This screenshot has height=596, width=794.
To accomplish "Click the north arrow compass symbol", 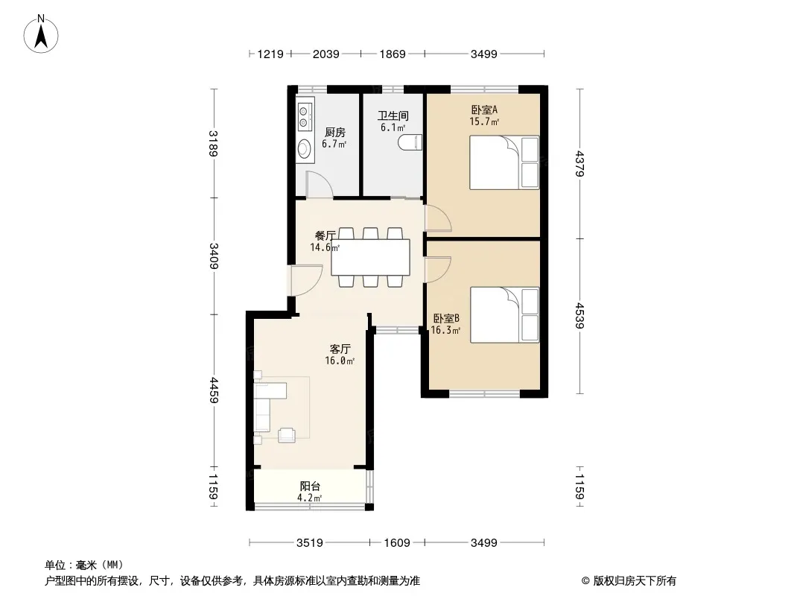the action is click(x=41, y=34).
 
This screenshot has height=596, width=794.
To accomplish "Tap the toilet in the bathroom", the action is click(x=410, y=142).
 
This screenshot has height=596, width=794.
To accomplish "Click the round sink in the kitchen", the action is click(x=305, y=148).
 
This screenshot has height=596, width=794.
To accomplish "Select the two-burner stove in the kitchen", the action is click(x=305, y=115).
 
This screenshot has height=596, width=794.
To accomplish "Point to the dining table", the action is click(x=371, y=257).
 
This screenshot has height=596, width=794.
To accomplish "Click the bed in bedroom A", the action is click(x=504, y=162).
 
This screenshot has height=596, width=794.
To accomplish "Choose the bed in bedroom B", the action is click(x=504, y=315).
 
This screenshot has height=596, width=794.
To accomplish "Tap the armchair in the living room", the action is click(x=287, y=435).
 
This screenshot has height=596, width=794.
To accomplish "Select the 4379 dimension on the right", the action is click(x=579, y=164).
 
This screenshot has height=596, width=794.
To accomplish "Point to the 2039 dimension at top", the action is click(x=325, y=54).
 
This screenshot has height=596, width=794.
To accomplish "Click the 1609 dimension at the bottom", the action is click(x=396, y=543).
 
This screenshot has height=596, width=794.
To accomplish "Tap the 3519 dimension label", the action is click(x=309, y=543).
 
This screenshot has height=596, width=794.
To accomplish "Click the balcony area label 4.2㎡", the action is click(x=309, y=498).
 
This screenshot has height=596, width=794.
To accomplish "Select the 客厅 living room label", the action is click(x=340, y=349).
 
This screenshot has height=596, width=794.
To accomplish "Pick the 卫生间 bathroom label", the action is click(x=393, y=116).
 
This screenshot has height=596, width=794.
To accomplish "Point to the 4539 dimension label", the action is click(x=579, y=315).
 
